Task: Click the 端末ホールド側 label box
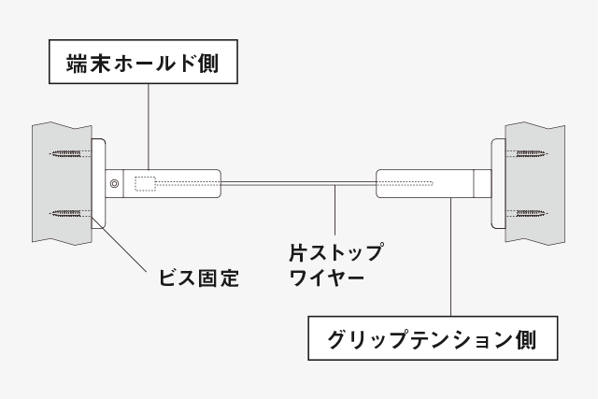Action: (143, 62)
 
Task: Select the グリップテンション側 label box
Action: (433, 338)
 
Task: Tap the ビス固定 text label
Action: (199, 278)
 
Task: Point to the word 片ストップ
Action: (335, 251)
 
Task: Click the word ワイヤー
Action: (327, 278)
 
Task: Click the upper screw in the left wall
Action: (71, 154)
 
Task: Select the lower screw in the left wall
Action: (71, 213)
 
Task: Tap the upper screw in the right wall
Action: (526, 154)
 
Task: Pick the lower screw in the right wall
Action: (526, 213)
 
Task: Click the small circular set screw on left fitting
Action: (114, 184)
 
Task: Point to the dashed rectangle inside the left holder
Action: (145, 184)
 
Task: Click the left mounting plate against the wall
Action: (98, 183)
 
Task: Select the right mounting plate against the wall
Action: (498, 183)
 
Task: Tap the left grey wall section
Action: (63, 183)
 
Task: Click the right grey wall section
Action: (534, 183)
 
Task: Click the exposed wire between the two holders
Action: (299, 184)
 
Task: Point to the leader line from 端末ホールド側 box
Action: (149, 127)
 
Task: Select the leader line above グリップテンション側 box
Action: (450, 257)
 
